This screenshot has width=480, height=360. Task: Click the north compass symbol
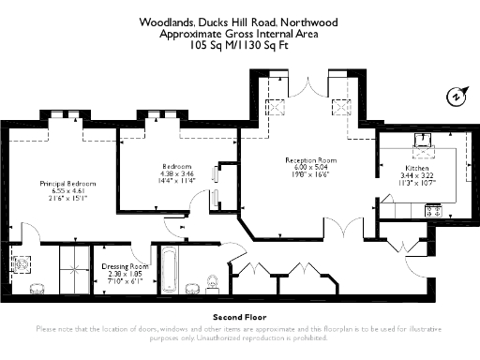coord(457,95)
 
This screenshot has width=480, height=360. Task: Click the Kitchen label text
coord(417,168)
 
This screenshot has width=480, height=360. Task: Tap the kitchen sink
coord(425,143)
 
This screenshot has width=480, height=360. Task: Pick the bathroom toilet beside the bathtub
coord(212,280)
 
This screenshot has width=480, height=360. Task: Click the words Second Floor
coord(239,317)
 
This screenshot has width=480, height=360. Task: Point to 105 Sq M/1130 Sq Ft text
coord(240,44)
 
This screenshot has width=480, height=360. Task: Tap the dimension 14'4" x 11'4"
coord(177,181)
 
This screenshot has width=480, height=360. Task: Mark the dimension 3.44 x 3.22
coord(417,175)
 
